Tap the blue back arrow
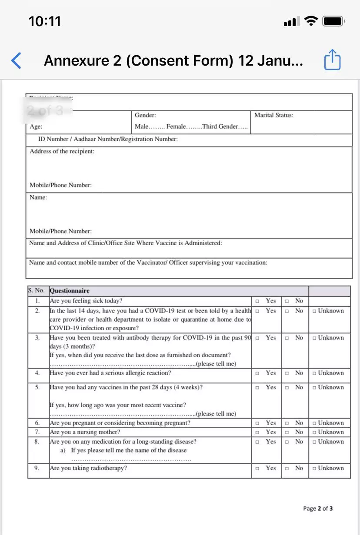point(16,60)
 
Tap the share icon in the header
point(332,60)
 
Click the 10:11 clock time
point(45,21)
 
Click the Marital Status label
point(273,115)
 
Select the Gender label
point(145,115)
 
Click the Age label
point(36,126)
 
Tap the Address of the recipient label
point(62,151)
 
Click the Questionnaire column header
point(70,291)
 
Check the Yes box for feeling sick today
point(257,301)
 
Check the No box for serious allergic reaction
point(287,373)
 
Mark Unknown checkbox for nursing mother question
point(314,432)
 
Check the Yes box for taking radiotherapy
point(257,469)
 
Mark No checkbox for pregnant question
point(287,423)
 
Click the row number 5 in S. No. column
point(37,387)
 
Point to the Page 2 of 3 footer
point(318,508)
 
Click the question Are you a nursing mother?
point(85,432)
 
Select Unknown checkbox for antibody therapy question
point(314,338)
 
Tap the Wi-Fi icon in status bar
point(311,21)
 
